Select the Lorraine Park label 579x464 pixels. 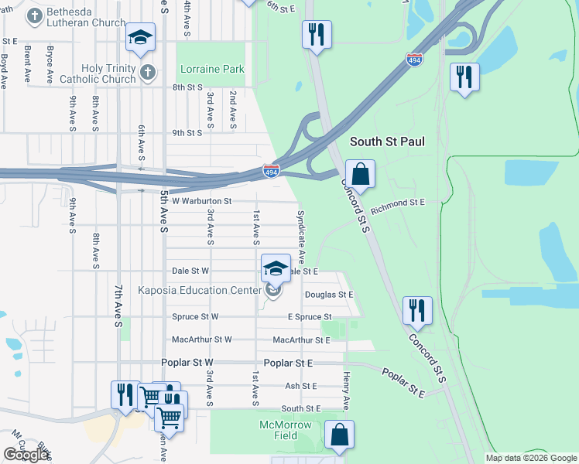pyautogui.click(x=211, y=69)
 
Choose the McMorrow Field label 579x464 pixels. pyautogui.click(x=286, y=431)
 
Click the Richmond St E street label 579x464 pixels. pyautogui.click(x=398, y=203)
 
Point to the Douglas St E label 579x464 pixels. pyautogui.click(x=328, y=295)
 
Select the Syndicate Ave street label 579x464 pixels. pyautogui.click(x=301, y=236)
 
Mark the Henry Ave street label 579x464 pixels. pyautogui.click(x=347, y=391)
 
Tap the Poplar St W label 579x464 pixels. pyautogui.click(x=187, y=363)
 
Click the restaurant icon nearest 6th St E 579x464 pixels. pyautogui.click(x=317, y=34)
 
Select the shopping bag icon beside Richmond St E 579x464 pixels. pyautogui.click(x=360, y=173)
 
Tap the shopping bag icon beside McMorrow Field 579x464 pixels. pyautogui.click(x=339, y=435)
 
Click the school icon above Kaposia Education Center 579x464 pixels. pyautogui.click(x=276, y=268)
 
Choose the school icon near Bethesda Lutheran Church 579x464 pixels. pyautogui.click(x=141, y=37)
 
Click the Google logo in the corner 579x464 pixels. pyautogui.click(x=26, y=455)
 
